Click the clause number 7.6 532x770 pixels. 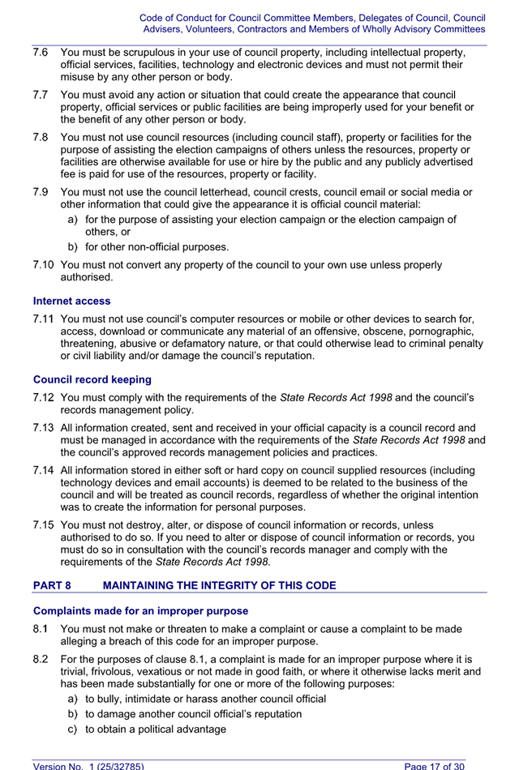point(41,52)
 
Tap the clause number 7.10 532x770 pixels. point(44,264)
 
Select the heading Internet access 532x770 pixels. point(72,301)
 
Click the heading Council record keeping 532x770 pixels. point(92,379)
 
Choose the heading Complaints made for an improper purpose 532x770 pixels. point(140,610)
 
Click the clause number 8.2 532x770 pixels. point(41,659)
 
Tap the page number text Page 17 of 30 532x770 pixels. point(435,764)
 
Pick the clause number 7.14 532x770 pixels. point(44,470)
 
